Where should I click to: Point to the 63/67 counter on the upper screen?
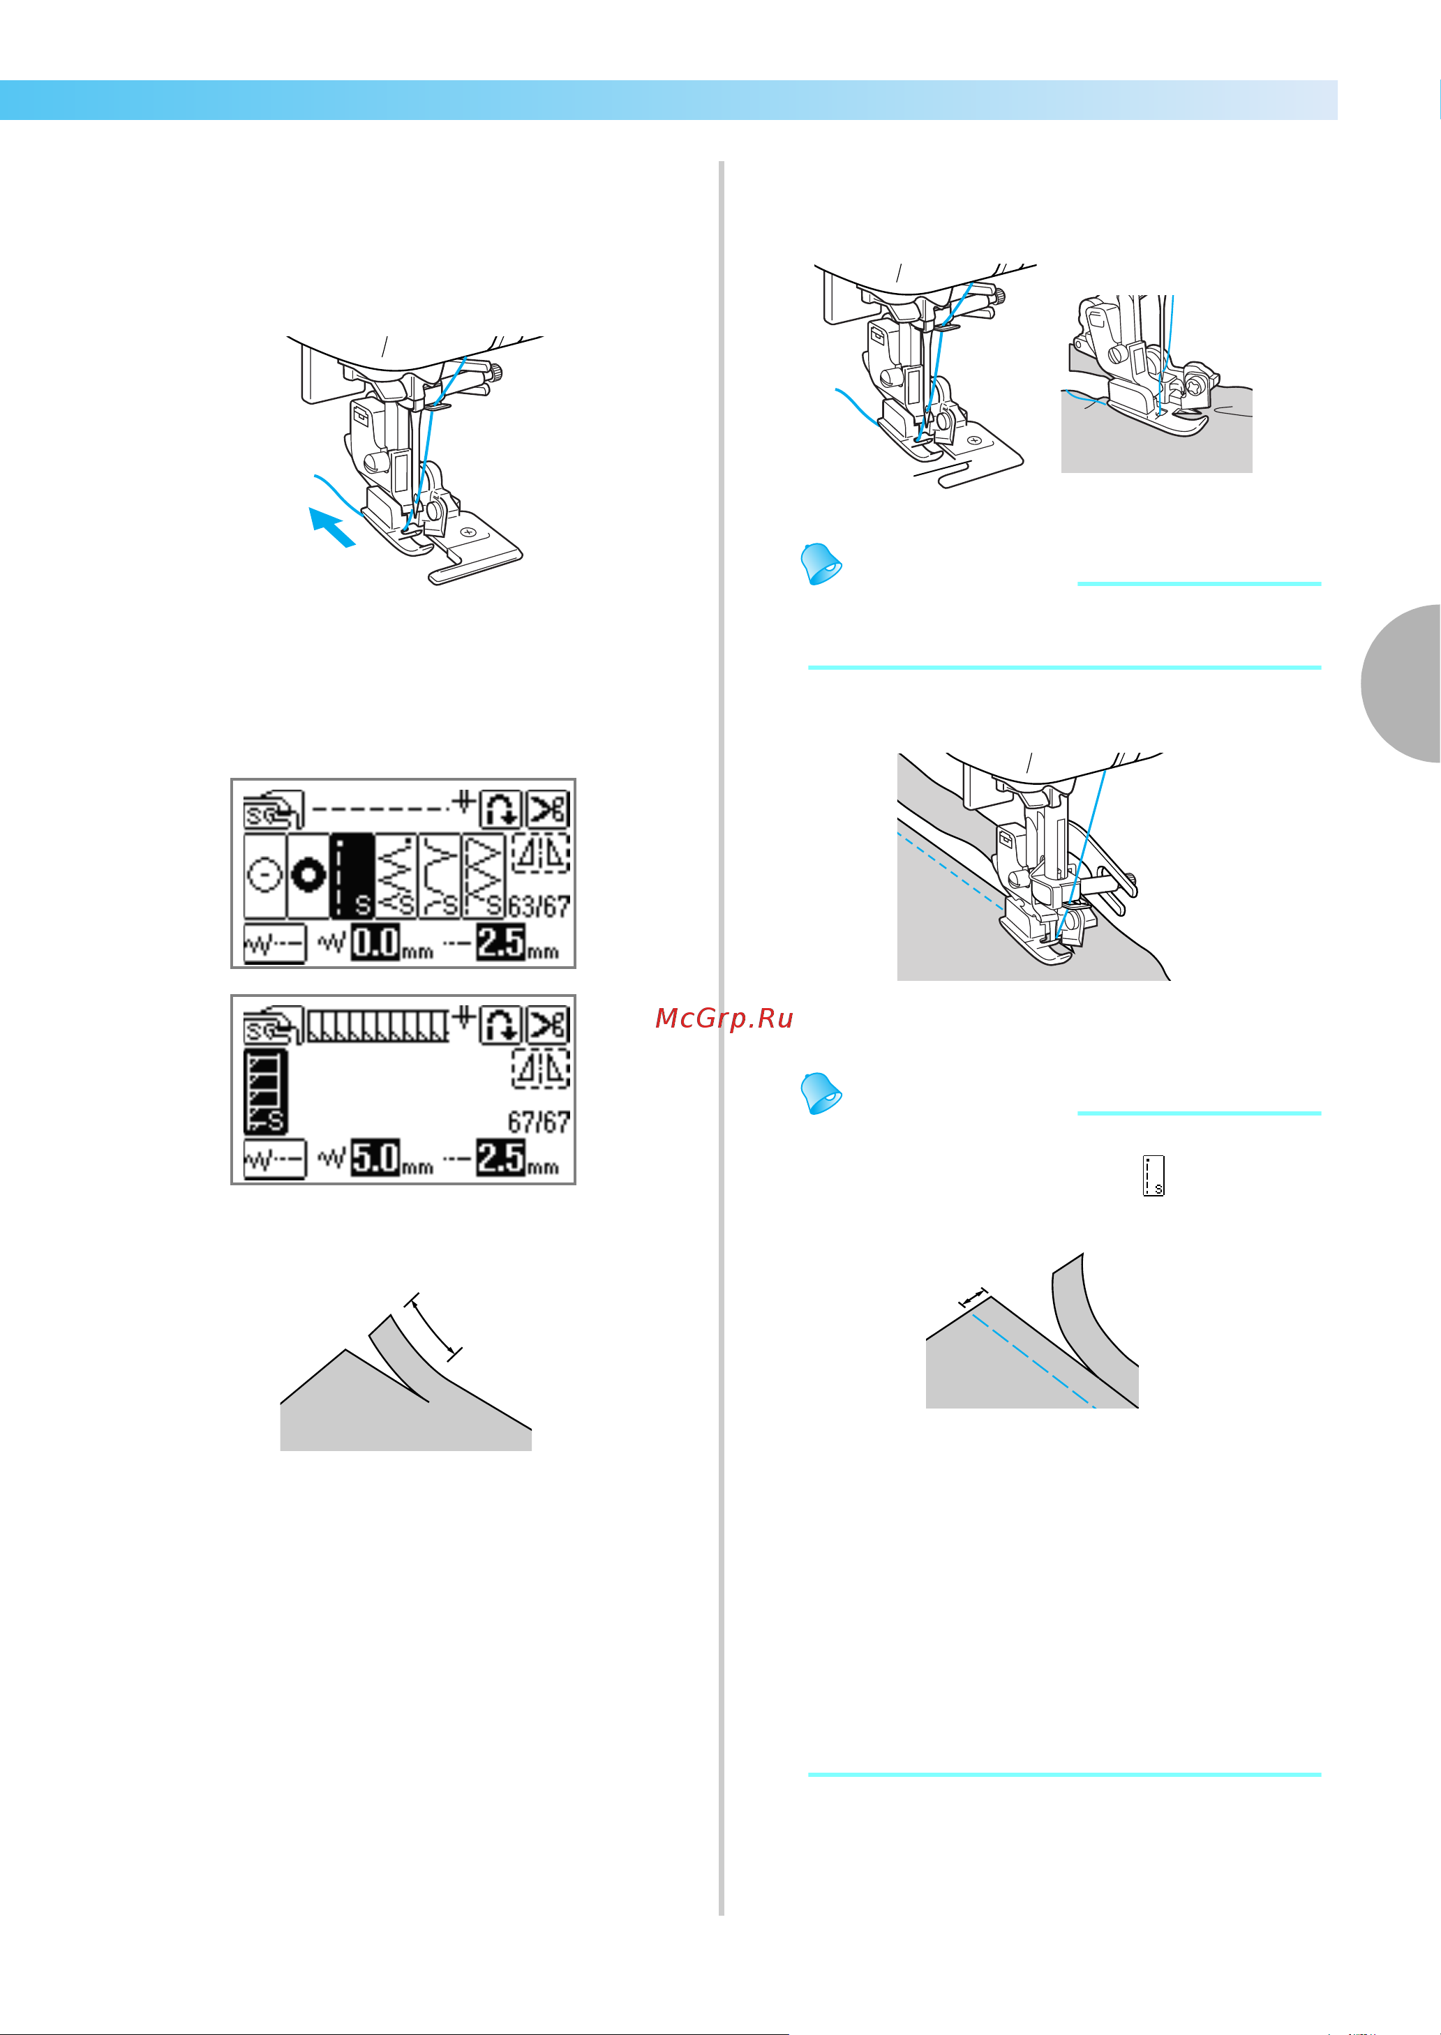coord(539,907)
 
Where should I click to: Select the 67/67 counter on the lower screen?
coord(539,1122)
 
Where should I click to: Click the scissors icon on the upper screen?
coord(548,809)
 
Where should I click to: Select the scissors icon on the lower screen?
coord(548,1025)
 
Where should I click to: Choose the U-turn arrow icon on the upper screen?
coord(500,809)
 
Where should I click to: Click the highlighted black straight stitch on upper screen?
coord(352,876)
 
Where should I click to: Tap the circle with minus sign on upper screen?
coord(264,876)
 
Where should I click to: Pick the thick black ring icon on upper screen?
coord(308,876)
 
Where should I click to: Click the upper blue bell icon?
coord(821,564)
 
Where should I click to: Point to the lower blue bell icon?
coord(821,1093)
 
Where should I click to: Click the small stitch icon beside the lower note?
coord(1153,1176)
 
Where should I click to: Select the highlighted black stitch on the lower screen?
coord(265,1092)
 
